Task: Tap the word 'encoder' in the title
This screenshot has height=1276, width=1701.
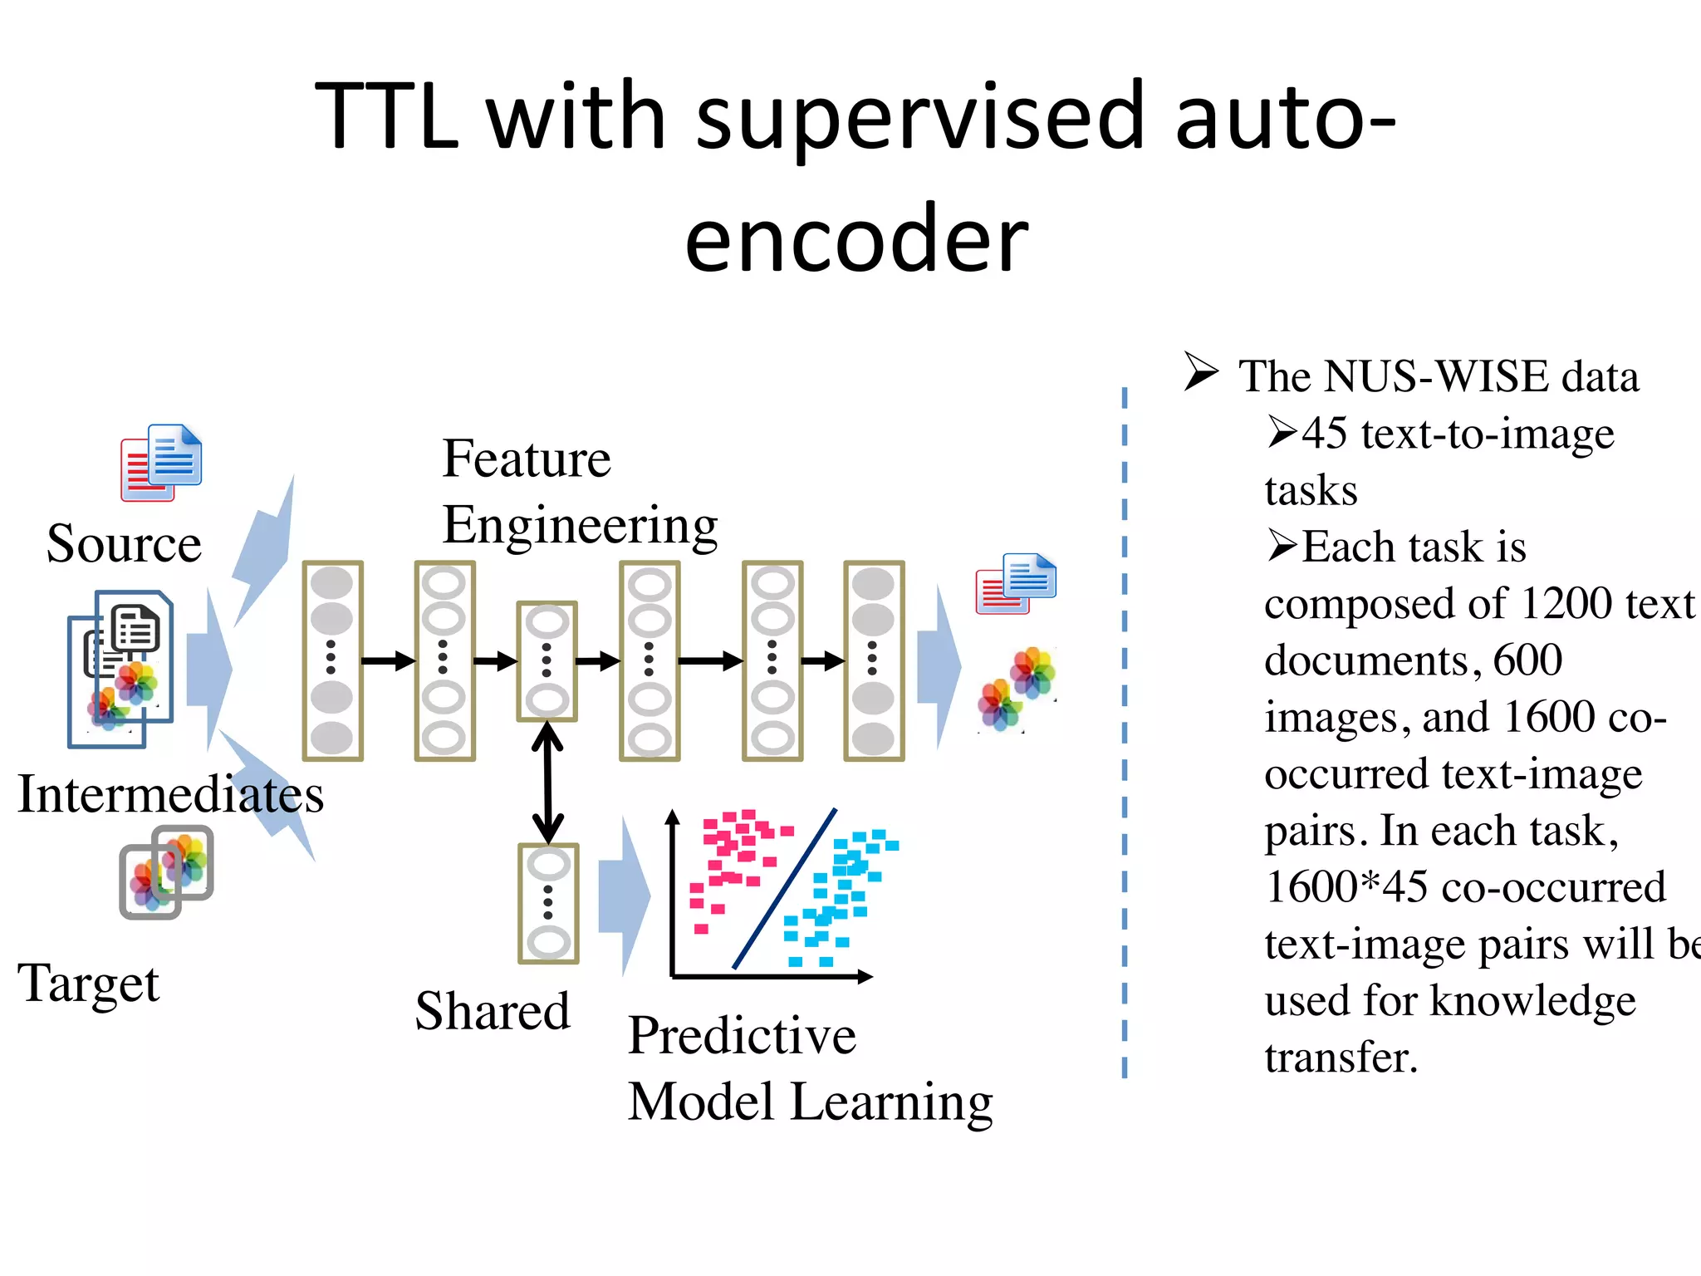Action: (x=855, y=241)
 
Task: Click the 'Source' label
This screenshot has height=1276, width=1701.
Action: (x=124, y=544)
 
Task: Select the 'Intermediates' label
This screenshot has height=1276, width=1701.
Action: (x=170, y=794)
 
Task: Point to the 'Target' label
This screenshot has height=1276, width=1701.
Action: (x=88, y=984)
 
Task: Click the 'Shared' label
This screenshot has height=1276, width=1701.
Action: (x=493, y=1012)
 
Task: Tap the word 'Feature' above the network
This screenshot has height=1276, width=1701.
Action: (x=527, y=459)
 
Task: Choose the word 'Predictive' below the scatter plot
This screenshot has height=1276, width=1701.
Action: (x=742, y=1036)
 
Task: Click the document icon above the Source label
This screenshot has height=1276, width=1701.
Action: (x=162, y=463)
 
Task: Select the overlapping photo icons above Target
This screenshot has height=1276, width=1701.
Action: (x=166, y=872)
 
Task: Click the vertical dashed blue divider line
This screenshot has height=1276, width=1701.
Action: (x=1125, y=731)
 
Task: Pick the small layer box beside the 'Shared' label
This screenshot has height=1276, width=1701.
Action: (x=548, y=904)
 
